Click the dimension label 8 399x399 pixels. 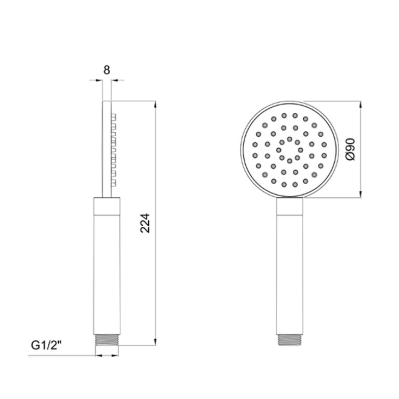point(107,70)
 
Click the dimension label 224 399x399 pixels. point(145,223)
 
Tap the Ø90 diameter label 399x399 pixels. point(351,149)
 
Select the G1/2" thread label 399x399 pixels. point(46,345)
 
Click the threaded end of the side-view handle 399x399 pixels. point(107,340)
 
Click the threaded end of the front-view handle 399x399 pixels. point(290,340)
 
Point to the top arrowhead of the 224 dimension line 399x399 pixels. point(156,105)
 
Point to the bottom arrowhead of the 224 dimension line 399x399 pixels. point(156,342)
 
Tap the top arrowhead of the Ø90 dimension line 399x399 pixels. point(361,105)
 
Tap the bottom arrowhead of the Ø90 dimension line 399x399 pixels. point(361,194)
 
